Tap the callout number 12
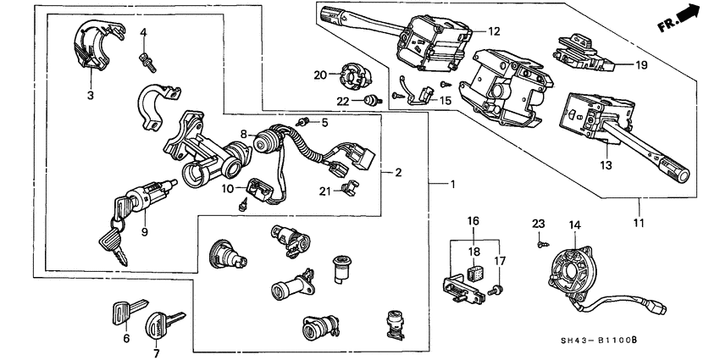[x=494, y=31]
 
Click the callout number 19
[x=641, y=64]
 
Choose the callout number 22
[x=343, y=102]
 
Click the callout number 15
[x=446, y=100]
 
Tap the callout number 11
[x=638, y=224]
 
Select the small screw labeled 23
[x=540, y=241]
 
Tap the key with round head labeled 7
[x=161, y=325]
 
